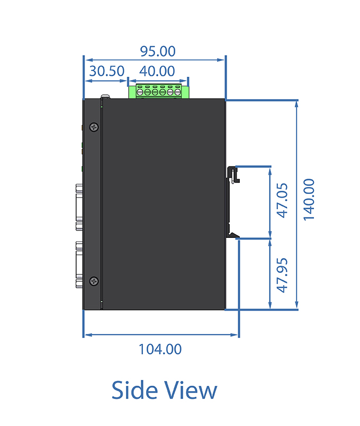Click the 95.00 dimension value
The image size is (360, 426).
click(158, 51)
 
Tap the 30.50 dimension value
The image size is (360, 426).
click(107, 71)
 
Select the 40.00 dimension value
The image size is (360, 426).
click(157, 71)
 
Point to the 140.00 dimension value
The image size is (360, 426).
click(309, 200)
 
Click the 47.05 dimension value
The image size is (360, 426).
click(282, 201)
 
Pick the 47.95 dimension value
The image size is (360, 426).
click(282, 276)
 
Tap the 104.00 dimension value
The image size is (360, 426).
click(160, 349)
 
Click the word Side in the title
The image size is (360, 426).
click(134, 390)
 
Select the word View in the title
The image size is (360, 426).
click(192, 390)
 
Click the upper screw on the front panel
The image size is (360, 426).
click(94, 127)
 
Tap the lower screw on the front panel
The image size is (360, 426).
click(94, 281)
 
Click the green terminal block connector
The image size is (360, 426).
click(159, 91)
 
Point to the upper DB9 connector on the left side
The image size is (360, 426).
click(79, 207)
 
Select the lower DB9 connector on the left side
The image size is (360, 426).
click(79, 264)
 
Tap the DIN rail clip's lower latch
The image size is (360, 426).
click(232, 234)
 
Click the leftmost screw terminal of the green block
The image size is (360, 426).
click(140, 92)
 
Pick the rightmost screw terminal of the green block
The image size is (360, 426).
click(177, 92)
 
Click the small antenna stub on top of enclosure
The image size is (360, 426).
click(105, 96)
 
